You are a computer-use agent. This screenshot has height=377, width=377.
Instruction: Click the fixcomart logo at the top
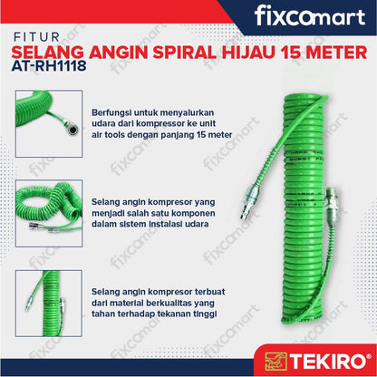click(310, 16)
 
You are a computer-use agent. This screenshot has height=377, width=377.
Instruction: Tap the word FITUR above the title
click(37, 37)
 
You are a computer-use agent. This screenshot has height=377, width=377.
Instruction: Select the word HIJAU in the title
click(248, 53)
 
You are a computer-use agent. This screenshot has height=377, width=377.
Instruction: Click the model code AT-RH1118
click(49, 65)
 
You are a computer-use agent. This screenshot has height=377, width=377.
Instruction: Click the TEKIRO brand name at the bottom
click(327, 361)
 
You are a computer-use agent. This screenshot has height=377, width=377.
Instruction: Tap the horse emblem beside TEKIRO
click(275, 361)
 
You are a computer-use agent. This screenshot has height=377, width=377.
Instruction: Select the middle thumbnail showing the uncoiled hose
click(49, 214)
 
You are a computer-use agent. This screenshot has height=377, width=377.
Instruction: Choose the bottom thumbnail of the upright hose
click(49, 304)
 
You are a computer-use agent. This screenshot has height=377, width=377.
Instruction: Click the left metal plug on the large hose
click(250, 199)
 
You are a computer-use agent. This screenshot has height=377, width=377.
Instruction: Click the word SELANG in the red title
click(47, 53)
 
